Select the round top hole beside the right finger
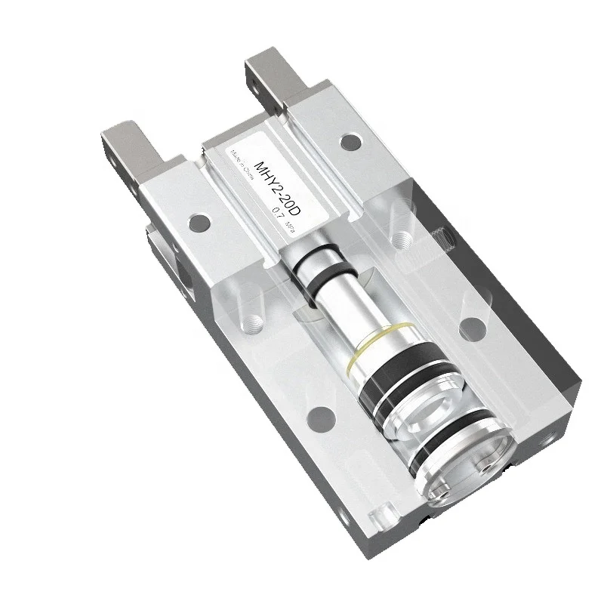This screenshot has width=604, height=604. pyautogui.click(x=348, y=141)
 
